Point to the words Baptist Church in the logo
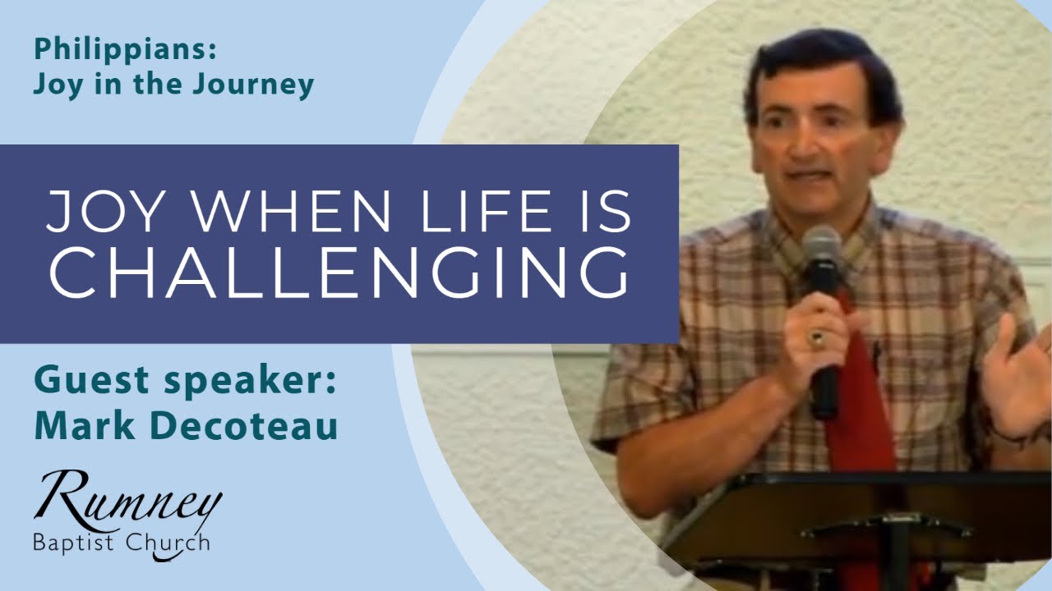point(121,543)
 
